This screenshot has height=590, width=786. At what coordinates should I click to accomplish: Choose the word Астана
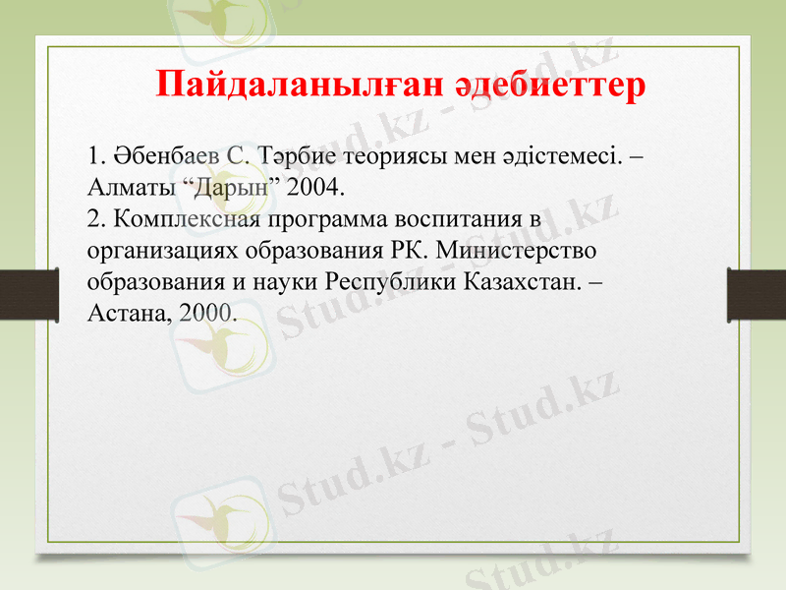(x=123, y=313)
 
